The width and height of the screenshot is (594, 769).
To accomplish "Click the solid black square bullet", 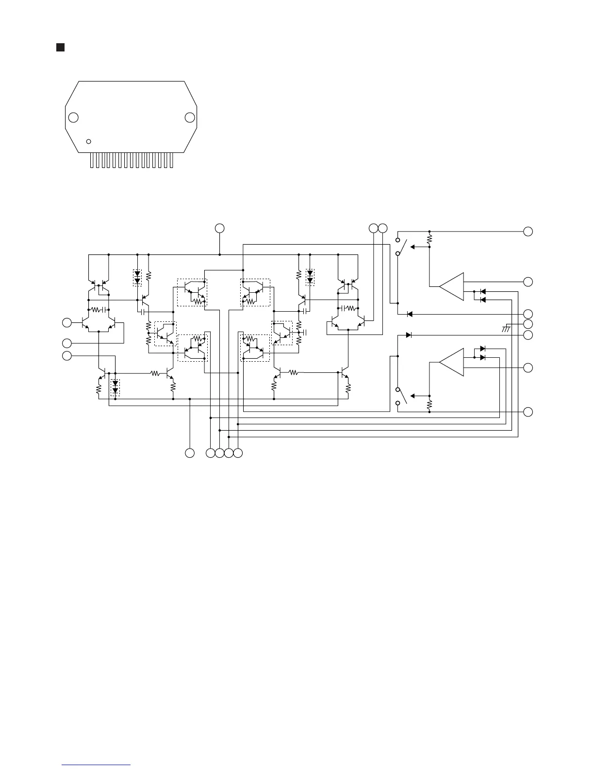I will click(x=60, y=47).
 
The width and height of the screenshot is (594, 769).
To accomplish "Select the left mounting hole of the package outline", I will click(x=73, y=117).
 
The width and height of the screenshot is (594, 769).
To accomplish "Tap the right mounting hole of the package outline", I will click(x=190, y=117).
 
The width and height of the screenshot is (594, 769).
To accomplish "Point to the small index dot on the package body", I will click(x=88, y=141).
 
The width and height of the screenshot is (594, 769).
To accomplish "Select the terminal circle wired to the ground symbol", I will click(x=528, y=324).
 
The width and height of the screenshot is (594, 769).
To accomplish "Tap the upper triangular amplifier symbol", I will click(x=451, y=286).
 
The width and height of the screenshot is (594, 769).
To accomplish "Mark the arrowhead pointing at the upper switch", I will click(x=413, y=247).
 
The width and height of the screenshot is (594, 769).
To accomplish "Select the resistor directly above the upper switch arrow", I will click(x=429, y=238).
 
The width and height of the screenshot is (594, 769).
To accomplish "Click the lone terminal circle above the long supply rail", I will click(x=220, y=228).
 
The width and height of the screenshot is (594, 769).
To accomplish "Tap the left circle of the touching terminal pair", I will click(x=373, y=228).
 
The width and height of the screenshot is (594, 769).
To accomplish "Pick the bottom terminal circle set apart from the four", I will click(x=190, y=453).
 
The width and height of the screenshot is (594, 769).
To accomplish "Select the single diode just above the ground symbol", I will click(x=409, y=314).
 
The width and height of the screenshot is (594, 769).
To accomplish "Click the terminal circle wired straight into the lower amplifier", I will click(x=528, y=368).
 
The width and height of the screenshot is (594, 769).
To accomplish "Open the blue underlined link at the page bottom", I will click(x=97, y=765).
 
